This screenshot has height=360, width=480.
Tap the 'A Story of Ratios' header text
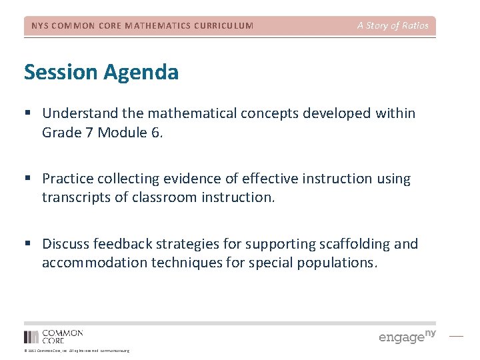393,26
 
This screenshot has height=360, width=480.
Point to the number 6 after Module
155,132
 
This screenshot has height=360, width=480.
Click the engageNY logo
407,336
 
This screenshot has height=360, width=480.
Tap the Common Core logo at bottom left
53,336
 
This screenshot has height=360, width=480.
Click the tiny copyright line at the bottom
77,351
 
